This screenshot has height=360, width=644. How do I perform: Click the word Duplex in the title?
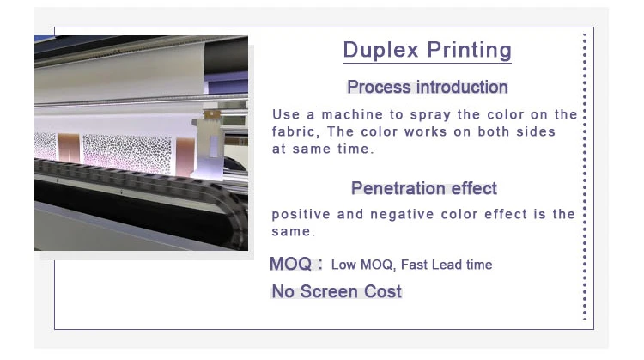(380, 50)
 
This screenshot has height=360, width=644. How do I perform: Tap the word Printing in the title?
(470, 51)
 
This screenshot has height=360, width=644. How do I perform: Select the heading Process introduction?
(428, 87)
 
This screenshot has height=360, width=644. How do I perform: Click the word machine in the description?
(352, 114)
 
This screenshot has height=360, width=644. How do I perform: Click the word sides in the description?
(536, 131)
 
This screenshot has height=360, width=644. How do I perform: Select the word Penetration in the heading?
(398, 188)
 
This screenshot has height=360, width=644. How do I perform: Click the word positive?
(301, 215)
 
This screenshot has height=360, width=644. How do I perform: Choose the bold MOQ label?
(291, 264)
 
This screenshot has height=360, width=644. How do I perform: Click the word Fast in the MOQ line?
(415, 265)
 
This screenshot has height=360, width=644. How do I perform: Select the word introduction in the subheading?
(462, 87)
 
